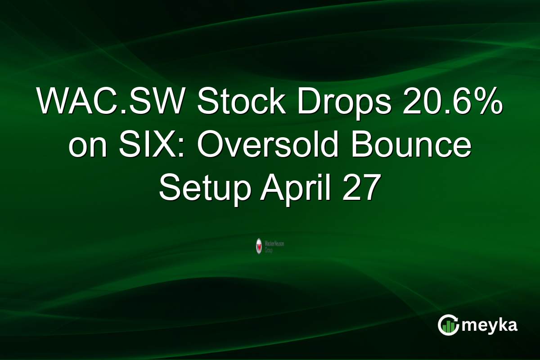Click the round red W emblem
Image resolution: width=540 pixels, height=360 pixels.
pyautogui.click(x=259, y=246)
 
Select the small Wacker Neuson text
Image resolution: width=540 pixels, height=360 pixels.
pyautogui.click(x=274, y=243)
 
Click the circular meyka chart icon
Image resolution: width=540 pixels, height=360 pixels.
pyautogui.click(x=448, y=325)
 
